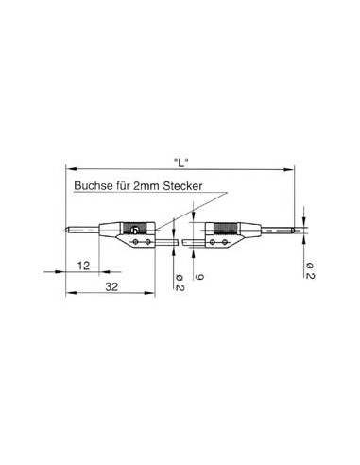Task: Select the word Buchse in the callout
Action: [x=94, y=187]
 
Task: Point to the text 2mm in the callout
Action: [x=146, y=187]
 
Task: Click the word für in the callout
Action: [x=124, y=187]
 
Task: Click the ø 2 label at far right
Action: [x=309, y=269]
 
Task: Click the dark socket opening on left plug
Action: [x=136, y=230]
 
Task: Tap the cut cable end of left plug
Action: [x=176, y=242]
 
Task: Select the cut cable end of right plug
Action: [x=188, y=242]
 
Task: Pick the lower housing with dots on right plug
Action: [x=218, y=242]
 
